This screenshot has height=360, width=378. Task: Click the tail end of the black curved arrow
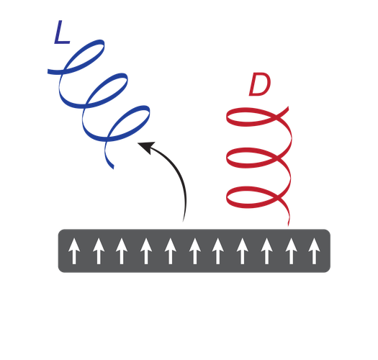183,220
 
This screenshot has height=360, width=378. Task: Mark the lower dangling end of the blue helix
112,167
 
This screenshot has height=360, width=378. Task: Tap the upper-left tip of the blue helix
49,71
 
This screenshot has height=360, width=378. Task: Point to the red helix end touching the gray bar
288,224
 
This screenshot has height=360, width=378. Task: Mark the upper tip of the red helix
287,108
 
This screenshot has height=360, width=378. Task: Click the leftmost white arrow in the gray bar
74,251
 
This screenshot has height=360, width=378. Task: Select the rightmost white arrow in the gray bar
314,251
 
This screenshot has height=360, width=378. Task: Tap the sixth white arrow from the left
195,251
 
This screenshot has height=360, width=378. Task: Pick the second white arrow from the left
99,251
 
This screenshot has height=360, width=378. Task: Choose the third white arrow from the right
266,251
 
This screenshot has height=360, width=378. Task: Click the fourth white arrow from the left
146,251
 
